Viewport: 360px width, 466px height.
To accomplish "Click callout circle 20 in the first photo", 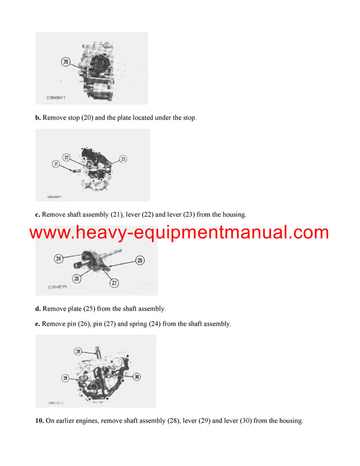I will (65, 61).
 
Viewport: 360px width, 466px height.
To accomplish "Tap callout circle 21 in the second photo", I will (55, 163).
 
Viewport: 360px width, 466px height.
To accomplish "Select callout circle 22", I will (67, 157).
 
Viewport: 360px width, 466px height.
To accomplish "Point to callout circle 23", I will (123, 159).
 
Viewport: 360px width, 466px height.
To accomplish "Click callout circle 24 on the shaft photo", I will (59, 259).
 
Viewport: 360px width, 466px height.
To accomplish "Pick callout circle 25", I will (139, 261).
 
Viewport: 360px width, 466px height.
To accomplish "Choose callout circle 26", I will (77, 278).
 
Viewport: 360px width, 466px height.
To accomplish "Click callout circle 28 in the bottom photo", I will (77, 351).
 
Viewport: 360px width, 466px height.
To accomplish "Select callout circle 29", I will (65, 378).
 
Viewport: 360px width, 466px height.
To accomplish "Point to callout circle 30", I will (137, 377).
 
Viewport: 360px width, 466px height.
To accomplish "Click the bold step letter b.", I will (38, 118).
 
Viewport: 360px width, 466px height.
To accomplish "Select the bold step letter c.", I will (38, 214).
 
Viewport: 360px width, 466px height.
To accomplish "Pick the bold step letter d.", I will (38, 309).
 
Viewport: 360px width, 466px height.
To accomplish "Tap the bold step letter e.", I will (38, 324).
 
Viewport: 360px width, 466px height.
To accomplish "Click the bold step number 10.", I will (39, 421).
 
